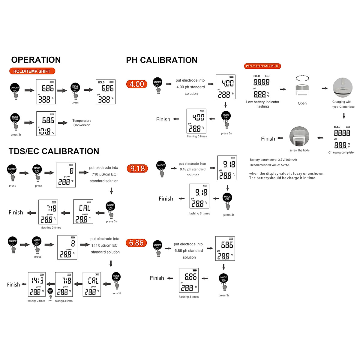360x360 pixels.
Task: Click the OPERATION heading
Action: click(36, 60)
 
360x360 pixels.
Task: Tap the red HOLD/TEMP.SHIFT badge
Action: click(32, 71)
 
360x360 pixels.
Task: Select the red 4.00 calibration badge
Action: click(137, 84)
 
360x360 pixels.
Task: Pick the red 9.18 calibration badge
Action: click(137, 169)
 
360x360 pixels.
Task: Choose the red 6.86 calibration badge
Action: click(136, 243)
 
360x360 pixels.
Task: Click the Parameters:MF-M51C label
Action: click(262, 66)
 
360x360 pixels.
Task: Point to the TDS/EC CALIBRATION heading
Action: click(54, 151)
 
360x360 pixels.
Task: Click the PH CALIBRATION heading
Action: click(162, 60)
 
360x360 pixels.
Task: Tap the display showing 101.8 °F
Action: click(46, 124)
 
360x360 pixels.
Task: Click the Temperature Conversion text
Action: click(82, 123)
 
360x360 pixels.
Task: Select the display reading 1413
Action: click(37, 284)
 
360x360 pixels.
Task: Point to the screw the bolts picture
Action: click(299, 137)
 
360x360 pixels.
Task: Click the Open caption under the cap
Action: click(302, 103)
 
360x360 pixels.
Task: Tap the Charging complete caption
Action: click(341, 152)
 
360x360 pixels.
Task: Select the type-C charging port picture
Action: click(342, 88)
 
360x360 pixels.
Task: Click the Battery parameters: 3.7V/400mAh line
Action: click(273, 160)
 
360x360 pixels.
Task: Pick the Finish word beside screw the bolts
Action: click(268, 139)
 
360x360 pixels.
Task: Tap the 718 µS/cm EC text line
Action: click(104, 174)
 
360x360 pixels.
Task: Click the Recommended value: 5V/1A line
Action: click(269, 165)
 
